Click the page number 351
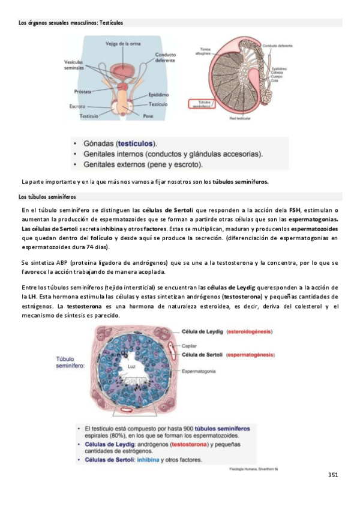click(334, 475)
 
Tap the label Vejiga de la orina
click(122, 44)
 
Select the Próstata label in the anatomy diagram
click(82, 92)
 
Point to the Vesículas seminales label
click(74, 65)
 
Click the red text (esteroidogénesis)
click(249, 331)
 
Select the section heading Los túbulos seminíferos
click(47, 196)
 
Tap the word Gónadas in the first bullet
click(99, 144)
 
